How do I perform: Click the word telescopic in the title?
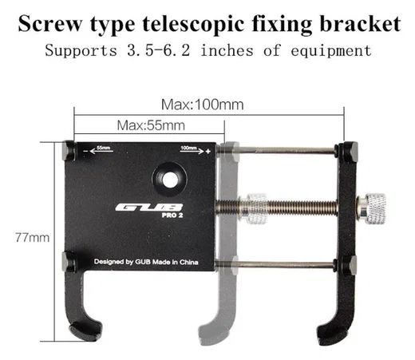coord(193,25)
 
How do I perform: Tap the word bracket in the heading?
coord(360,24)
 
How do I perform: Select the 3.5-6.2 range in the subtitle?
coord(159,50)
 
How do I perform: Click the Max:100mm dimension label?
coord(203,105)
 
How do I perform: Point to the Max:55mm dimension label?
coord(151,125)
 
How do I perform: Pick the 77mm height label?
coord(33,238)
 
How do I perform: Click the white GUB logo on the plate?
coord(149,208)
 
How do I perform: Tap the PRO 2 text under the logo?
coord(172,215)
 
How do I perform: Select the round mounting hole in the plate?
coord(170,180)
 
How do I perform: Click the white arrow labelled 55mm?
coord(101,151)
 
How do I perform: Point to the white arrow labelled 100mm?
coord(192,151)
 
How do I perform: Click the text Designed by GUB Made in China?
coord(146,262)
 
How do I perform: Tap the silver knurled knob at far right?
coord(373,209)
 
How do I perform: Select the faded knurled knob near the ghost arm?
coord(255,208)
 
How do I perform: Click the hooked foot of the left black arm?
coord(85,329)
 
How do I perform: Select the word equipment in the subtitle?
coord(331,51)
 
